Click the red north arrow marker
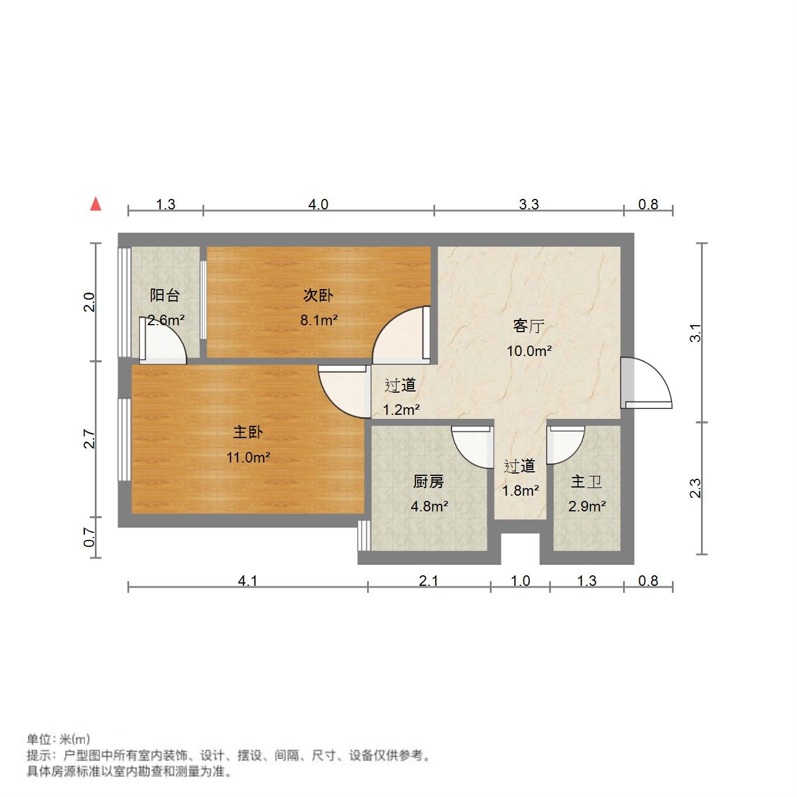pyautogui.click(x=96, y=204)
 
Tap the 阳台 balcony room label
pyautogui.click(x=165, y=295)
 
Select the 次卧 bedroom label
pyautogui.click(x=318, y=295)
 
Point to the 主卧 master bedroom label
pyautogui.click(x=248, y=432)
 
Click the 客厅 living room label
pyautogui.click(x=528, y=326)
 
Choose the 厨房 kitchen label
pyautogui.click(x=429, y=482)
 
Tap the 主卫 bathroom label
pyautogui.click(x=586, y=482)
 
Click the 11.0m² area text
pyautogui.click(x=248, y=457)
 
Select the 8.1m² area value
pyautogui.click(x=319, y=320)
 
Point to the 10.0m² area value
pyautogui.click(x=529, y=351)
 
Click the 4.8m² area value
pyautogui.click(x=429, y=506)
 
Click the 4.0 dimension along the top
pyautogui.click(x=318, y=204)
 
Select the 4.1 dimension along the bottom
pyautogui.click(x=248, y=581)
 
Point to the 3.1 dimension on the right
pyautogui.click(x=696, y=333)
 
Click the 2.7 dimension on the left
pyautogui.click(x=89, y=439)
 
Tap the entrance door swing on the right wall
pyautogui.click(x=649, y=384)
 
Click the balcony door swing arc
pyautogui.click(x=166, y=343)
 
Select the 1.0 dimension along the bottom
pyautogui.click(x=520, y=581)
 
